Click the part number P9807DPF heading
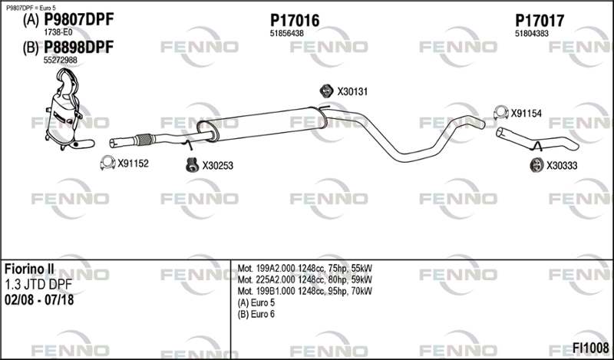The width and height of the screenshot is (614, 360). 78,19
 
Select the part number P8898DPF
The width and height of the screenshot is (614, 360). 78,47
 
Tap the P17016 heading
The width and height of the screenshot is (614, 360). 295,21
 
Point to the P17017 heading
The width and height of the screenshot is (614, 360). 540,21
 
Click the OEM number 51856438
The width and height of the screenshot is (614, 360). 286,34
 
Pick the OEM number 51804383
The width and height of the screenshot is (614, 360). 532,34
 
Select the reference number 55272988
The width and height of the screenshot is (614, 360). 61,60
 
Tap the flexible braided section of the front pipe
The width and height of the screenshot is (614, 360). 144,140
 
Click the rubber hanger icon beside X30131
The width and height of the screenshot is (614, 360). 326,91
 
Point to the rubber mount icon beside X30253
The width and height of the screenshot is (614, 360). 192,165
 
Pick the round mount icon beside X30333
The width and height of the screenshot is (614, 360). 536,165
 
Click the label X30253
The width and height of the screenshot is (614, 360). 217,166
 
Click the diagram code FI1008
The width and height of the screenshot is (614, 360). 590,348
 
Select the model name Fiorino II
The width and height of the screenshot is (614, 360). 29,269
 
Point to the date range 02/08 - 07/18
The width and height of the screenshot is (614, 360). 39,300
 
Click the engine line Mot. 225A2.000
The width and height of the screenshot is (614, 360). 305,279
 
